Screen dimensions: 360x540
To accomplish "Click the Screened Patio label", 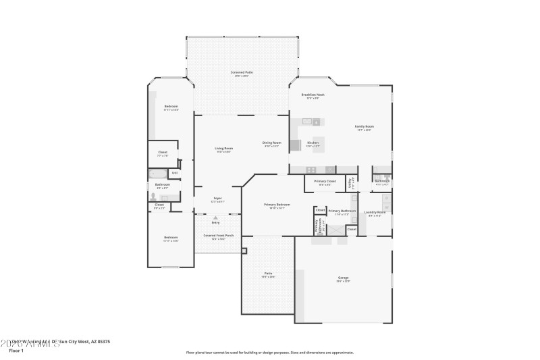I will click(242, 72).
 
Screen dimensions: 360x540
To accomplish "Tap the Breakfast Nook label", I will click(313, 95).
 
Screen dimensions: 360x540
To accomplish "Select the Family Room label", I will click(364, 126).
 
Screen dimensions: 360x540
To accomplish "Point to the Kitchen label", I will click(313, 143).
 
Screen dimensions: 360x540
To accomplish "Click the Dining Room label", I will click(271, 143).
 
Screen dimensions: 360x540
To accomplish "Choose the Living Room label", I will click(223, 149).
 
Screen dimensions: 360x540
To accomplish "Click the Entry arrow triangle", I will click(216, 217).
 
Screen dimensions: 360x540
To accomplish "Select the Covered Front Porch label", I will click(218, 236).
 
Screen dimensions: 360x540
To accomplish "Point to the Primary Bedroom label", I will click(277, 205).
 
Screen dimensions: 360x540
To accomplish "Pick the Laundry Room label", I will click(375, 213).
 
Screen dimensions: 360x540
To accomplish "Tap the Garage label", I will click(344, 278).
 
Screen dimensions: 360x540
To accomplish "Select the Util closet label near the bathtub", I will click(174, 173).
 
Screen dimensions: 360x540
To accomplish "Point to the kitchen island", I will click(317, 144).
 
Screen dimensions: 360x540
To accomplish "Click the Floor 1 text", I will click(16, 351).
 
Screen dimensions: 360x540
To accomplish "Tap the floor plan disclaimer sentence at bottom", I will click(269, 352).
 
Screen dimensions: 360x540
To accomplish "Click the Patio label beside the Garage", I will click(268, 274).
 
